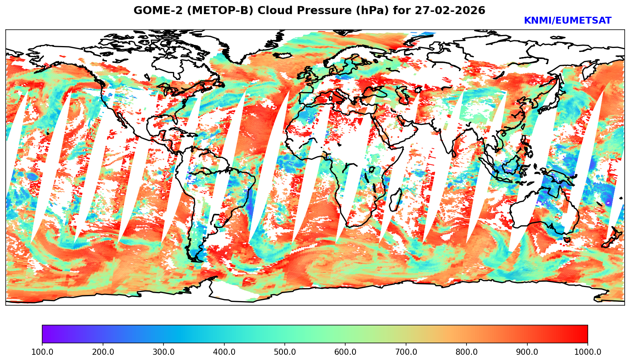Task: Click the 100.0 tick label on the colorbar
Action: [42, 352]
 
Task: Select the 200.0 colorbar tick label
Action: [103, 352]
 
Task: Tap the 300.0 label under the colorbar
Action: [163, 352]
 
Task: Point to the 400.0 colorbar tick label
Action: [224, 352]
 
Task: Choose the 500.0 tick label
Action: [285, 352]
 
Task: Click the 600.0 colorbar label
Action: [345, 352]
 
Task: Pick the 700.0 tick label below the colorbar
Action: [406, 352]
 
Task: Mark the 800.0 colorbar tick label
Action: [467, 352]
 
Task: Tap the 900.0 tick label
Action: [527, 352]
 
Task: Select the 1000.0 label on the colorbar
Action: [588, 352]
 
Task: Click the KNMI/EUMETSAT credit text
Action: [567, 21]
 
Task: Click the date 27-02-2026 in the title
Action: [450, 11]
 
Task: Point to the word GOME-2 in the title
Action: [154, 11]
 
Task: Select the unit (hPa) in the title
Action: [374, 11]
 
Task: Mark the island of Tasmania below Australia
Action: [568, 240]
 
